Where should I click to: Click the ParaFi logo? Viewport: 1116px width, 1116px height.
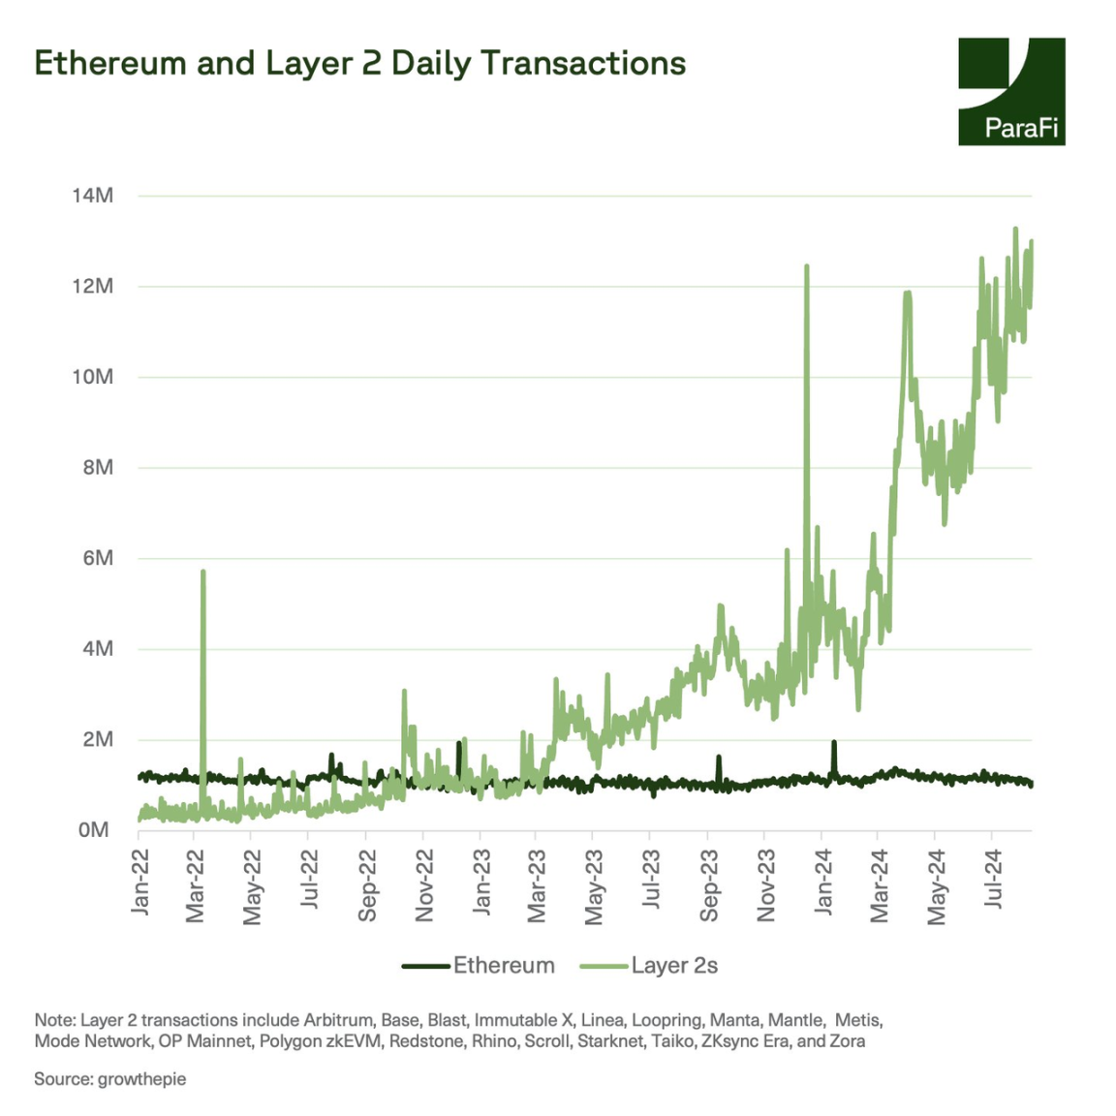(1010, 92)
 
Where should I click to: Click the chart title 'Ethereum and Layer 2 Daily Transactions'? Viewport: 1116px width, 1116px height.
(359, 63)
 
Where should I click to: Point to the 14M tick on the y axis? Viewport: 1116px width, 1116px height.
(92, 196)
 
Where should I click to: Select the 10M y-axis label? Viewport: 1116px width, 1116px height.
(92, 377)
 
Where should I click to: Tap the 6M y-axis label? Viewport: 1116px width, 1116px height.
(97, 558)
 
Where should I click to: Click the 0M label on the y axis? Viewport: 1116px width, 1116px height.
(94, 830)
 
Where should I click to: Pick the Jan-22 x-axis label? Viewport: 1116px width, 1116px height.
(140, 882)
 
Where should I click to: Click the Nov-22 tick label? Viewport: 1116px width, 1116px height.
(424, 884)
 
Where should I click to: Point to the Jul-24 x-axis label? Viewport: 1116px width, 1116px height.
(993, 880)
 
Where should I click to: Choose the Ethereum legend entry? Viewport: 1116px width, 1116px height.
(479, 966)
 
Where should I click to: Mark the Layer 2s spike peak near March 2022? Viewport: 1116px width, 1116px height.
(203, 572)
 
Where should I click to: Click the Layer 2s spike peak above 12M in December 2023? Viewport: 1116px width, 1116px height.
(806, 266)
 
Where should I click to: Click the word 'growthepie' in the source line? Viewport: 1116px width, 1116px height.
(141, 1079)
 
